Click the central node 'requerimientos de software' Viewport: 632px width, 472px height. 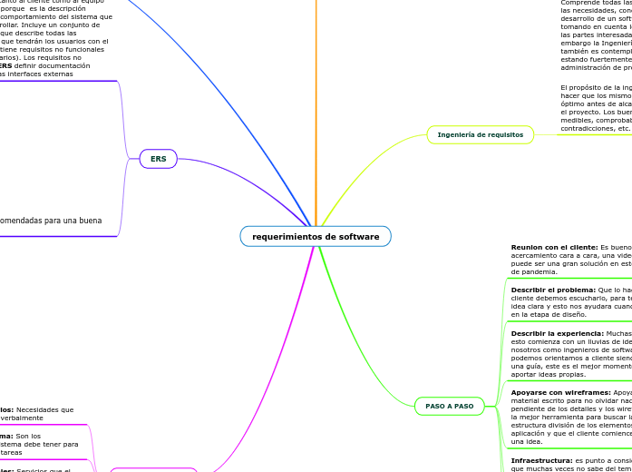point(316,237)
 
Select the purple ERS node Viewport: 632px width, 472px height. point(159,159)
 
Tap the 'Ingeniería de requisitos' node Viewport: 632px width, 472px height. point(480,135)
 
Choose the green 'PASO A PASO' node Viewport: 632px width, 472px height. point(450,406)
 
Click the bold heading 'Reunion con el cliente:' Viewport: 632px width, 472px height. point(554,247)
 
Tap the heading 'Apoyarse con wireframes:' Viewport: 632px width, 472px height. point(559,392)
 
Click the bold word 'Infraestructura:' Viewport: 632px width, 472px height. point(541,460)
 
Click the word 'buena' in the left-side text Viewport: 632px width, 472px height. point(89,221)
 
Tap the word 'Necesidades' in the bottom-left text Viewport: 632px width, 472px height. point(44,410)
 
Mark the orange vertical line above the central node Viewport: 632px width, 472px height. point(316,109)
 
